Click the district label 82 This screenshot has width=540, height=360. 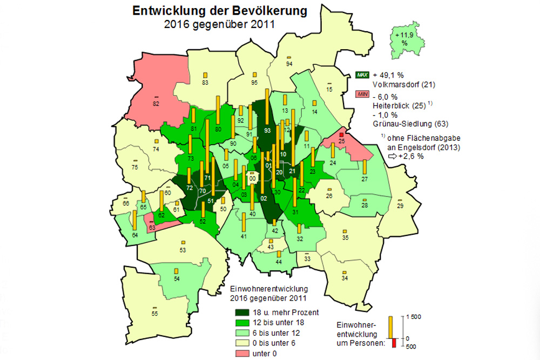pyautogui.click(x=156, y=103)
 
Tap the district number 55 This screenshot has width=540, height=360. pyautogui.click(x=154, y=314)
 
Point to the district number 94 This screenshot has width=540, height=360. pyautogui.click(x=289, y=64)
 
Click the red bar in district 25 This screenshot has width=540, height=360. pyautogui.click(x=341, y=134)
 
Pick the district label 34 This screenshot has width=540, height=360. pyautogui.click(x=345, y=278)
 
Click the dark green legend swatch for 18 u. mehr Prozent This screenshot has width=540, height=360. pyautogui.click(x=241, y=312)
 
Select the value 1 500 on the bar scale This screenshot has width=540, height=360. pyautogui.click(x=414, y=317)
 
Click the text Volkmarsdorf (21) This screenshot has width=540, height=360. pyautogui.click(x=403, y=85)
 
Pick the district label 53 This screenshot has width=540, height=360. pyautogui.click(x=183, y=250)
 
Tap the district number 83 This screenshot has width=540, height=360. pyautogui.click(x=205, y=83)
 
